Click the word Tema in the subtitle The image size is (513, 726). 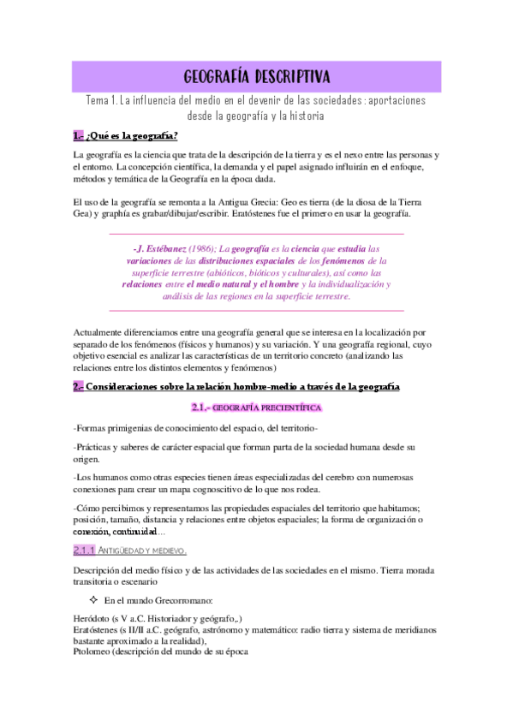click(100, 101)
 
